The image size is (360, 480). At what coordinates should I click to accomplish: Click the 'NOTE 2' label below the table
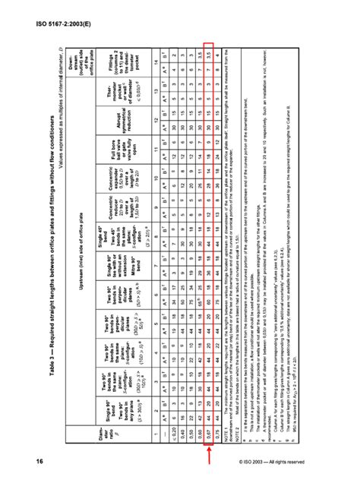[257, 430]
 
